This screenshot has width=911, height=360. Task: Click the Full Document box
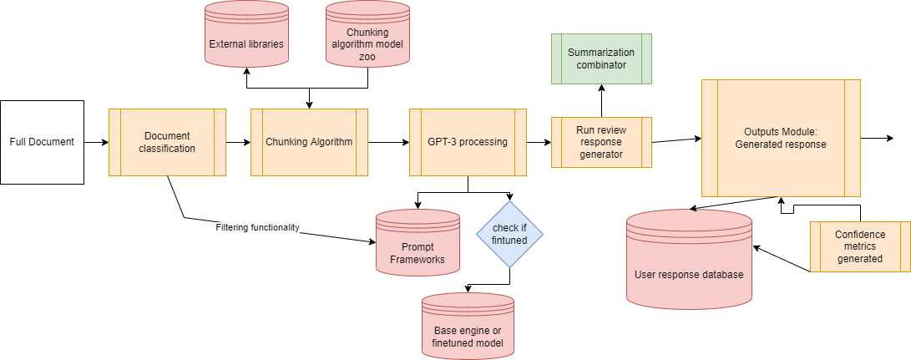click(x=42, y=142)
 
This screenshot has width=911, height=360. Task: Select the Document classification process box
click(x=167, y=142)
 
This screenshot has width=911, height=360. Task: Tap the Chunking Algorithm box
click(x=309, y=142)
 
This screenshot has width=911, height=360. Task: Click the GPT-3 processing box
click(x=468, y=142)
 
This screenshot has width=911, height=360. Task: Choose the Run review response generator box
click(x=600, y=142)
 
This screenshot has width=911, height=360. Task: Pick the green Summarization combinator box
click(x=600, y=58)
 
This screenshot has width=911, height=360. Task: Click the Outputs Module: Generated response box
click(x=780, y=138)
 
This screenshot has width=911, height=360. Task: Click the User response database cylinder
click(x=689, y=259)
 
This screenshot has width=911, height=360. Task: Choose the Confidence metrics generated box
click(x=860, y=246)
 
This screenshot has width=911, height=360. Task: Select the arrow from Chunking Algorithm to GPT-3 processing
click(x=388, y=142)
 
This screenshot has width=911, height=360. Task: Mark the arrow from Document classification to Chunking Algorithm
click(x=238, y=142)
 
